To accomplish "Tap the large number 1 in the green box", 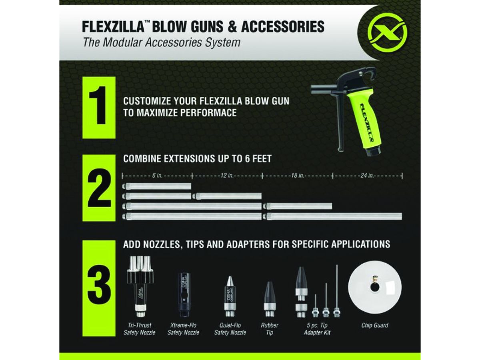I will coord(99,107).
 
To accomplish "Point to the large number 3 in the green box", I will coord(99,288).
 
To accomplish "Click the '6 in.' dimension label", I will coord(156,175).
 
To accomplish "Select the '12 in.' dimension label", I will coord(226,175).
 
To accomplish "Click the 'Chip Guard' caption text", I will coord(374,326).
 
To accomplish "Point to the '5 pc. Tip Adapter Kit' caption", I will coord(317,329).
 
